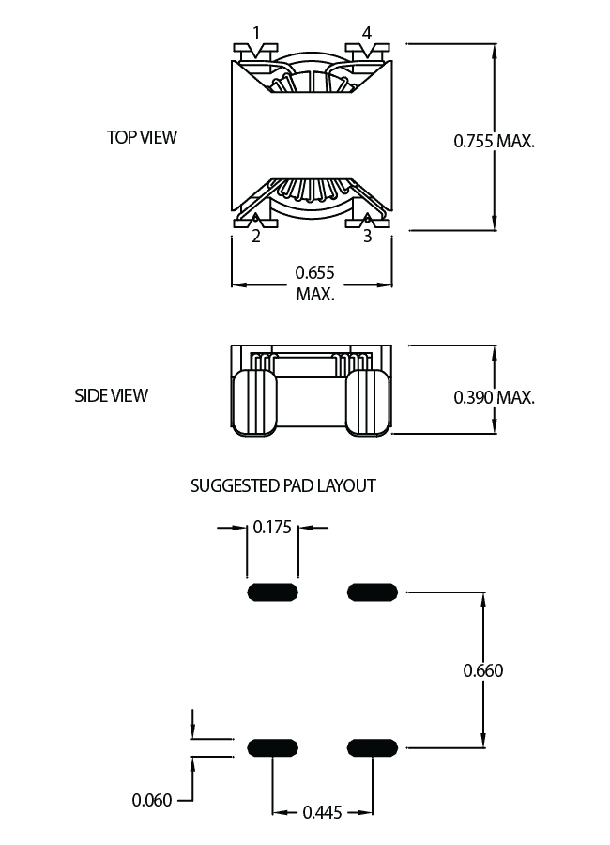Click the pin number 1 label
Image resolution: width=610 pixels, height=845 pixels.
tap(256, 34)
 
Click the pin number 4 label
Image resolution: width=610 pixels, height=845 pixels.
tap(366, 34)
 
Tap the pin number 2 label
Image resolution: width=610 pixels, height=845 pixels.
tap(256, 236)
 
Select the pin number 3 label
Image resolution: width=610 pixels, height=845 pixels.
tap(368, 236)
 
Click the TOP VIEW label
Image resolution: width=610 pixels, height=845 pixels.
tap(142, 137)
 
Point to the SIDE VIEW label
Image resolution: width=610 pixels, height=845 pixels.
tap(111, 395)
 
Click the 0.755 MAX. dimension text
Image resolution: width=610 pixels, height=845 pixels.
tap(495, 141)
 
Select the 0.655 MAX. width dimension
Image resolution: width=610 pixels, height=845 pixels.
tap(315, 284)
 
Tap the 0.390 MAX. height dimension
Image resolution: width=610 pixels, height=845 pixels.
tap(495, 398)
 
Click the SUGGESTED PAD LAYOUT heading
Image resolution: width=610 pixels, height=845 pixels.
tap(282, 486)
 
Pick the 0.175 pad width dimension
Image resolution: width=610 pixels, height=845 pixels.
tap(272, 527)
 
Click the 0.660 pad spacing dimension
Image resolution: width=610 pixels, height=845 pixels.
tap(483, 671)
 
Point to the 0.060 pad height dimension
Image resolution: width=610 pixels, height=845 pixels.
tap(152, 800)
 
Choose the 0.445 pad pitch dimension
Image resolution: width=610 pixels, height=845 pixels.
tap(322, 812)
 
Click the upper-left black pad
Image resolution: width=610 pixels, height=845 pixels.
tap(273, 592)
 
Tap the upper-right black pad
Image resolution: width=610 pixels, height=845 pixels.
tap(373, 592)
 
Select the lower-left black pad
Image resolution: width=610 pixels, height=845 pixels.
tap(273, 748)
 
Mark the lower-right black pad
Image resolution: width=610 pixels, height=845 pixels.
tap(373, 748)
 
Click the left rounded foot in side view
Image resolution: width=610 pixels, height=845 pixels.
tap(255, 403)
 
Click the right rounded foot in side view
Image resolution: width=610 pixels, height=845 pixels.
tap(368, 403)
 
